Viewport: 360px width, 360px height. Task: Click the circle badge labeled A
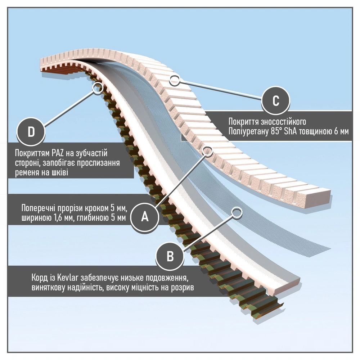[x=144, y=216]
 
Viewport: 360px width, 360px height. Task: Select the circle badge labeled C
[x=275, y=101]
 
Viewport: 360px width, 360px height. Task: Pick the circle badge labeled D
[x=31, y=132]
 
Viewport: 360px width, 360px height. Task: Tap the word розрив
[x=184, y=288]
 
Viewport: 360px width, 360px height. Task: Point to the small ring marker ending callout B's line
[x=236, y=212]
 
